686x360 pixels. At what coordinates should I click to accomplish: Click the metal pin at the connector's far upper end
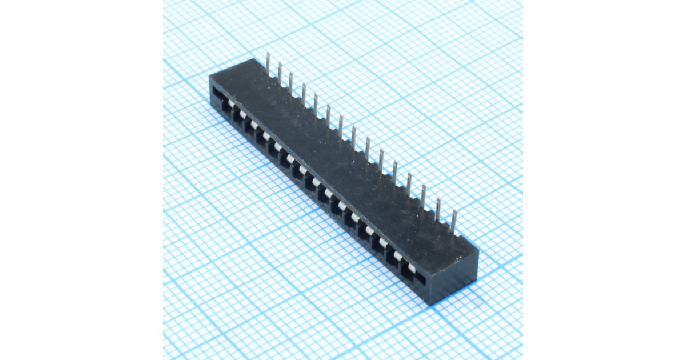click(x=268, y=63)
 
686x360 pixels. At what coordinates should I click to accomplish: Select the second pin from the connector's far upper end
click(x=280, y=71)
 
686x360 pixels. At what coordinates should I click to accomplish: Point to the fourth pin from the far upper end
click(x=304, y=93)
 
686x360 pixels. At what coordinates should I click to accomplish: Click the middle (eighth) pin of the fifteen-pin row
click(x=353, y=137)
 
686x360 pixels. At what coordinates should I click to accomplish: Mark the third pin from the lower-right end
click(x=423, y=196)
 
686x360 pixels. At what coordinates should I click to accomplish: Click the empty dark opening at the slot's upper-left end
click(x=217, y=93)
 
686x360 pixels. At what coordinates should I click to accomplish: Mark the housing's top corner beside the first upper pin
click(x=254, y=59)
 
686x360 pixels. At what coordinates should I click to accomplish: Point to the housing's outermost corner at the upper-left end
click(x=210, y=76)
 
